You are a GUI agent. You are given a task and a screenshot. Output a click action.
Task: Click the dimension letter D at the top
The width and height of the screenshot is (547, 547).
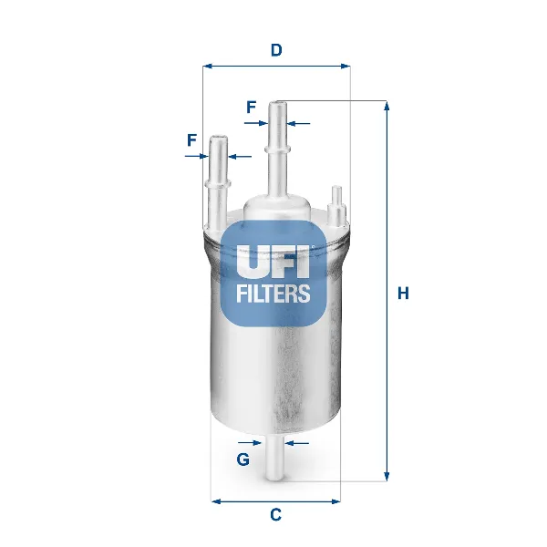pyautogui.click(x=275, y=50)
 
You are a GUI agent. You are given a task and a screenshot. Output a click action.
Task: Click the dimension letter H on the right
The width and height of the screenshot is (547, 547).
pyautogui.click(x=403, y=294)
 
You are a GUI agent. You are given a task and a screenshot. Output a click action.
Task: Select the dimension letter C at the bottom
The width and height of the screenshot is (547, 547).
pyautogui.click(x=275, y=515)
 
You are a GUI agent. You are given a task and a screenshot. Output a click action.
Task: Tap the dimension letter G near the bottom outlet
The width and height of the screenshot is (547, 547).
pyautogui.click(x=243, y=459)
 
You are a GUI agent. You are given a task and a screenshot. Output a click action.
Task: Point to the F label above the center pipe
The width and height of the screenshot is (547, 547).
pyautogui.click(x=251, y=107)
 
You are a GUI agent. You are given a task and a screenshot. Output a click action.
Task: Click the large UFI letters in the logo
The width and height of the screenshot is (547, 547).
pyautogui.click(x=273, y=262)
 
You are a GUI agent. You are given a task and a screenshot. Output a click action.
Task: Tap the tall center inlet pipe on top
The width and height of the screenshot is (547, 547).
pyautogui.click(x=276, y=146)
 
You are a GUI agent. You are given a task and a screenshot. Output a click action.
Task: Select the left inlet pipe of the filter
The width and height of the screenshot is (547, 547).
pyautogui.click(x=217, y=182)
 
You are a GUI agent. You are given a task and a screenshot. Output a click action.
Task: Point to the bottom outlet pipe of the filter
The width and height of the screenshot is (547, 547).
pyautogui.click(x=274, y=460)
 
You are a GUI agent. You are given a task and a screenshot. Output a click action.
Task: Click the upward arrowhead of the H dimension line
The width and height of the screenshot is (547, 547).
pyautogui.click(x=387, y=107)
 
